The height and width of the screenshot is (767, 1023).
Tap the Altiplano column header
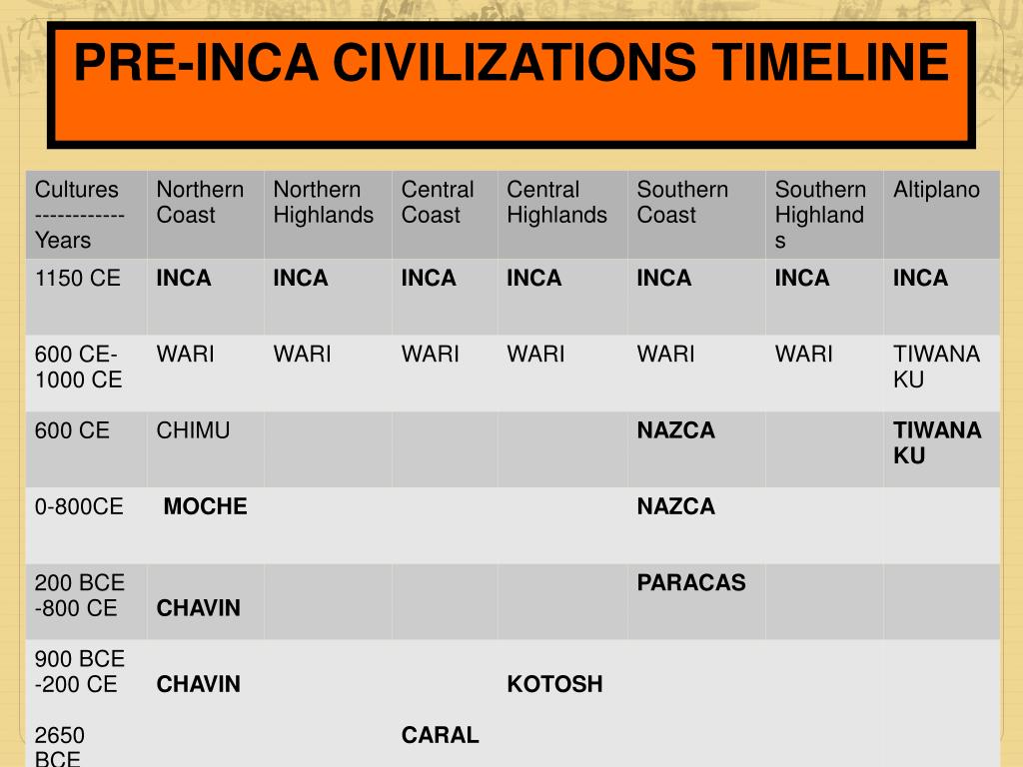[x=936, y=190]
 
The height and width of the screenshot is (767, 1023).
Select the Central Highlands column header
[x=556, y=203]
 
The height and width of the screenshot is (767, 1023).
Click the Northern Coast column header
[x=200, y=203]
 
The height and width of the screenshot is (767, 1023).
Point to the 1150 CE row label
[x=77, y=279]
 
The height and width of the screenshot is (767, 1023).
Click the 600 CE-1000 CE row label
[x=78, y=368]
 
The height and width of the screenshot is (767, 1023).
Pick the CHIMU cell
[x=193, y=430]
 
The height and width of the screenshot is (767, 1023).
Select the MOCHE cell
[x=205, y=506]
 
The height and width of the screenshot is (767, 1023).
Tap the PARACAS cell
[x=691, y=582]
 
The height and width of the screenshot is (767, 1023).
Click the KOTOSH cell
[x=554, y=684]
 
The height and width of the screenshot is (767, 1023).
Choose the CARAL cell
[x=440, y=735]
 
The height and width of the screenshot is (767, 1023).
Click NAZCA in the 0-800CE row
[x=676, y=506]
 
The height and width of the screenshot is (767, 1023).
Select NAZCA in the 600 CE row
[x=676, y=430]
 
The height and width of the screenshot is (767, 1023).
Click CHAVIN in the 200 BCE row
[x=198, y=608]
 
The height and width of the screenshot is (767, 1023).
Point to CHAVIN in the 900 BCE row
[x=198, y=684]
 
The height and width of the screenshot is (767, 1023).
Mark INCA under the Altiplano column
[x=920, y=279]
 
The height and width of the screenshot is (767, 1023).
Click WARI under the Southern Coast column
[x=665, y=355]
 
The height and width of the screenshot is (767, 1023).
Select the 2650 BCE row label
[x=60, y=747]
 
